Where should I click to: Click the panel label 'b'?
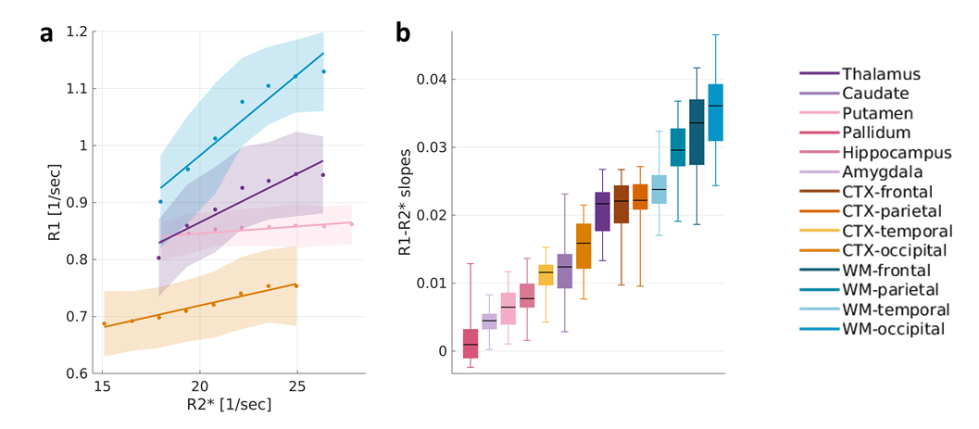pyautogui.click(x=404, y=32)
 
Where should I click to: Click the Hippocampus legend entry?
pyautogui.click(x=883, y=152)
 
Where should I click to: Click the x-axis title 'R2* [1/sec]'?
pyautogui.click(x=232, y=407)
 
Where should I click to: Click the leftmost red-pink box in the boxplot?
pyautogui.click(x=471, y=343)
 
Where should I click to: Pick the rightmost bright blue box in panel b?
pyautogui.click(x=715, y=112)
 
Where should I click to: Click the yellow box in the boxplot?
pyautogui.click(x=546, y=275)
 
